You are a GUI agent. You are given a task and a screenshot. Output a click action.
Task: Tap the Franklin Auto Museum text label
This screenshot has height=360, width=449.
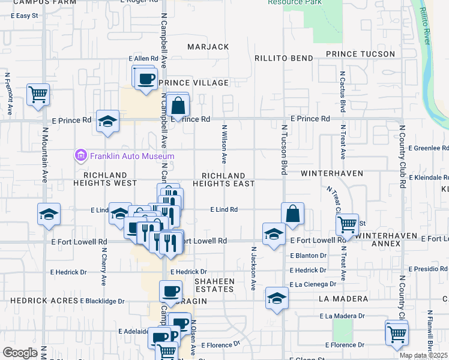(x=132, y=157)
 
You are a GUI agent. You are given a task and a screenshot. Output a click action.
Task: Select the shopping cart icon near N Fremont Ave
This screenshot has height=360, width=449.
(x=38, y=94)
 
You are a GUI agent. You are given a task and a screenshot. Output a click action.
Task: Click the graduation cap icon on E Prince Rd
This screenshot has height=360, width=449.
(x=107, y=121)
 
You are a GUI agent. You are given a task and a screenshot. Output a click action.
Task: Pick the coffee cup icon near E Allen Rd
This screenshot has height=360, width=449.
(x=145, y=79)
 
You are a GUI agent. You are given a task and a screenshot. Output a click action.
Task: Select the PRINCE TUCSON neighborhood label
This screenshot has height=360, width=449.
(x=360, y=54)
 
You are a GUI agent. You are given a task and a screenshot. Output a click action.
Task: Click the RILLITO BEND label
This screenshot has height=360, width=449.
(x=284, y=58)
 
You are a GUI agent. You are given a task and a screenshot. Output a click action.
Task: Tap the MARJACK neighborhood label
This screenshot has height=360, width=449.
(x=208, y=47)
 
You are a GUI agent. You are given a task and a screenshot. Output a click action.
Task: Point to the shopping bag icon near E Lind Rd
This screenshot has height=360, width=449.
(x=292, y=214)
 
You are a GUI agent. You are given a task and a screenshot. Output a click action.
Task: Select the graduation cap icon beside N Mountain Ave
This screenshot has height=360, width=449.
(x=49, y=214)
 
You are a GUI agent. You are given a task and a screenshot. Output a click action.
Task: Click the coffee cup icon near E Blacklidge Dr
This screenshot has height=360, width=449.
(x=170, y=292)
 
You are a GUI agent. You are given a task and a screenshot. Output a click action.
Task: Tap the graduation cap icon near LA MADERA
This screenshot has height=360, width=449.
(x=277, y=298)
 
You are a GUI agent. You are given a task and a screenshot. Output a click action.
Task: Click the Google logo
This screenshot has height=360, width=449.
(x=20, y=353)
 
